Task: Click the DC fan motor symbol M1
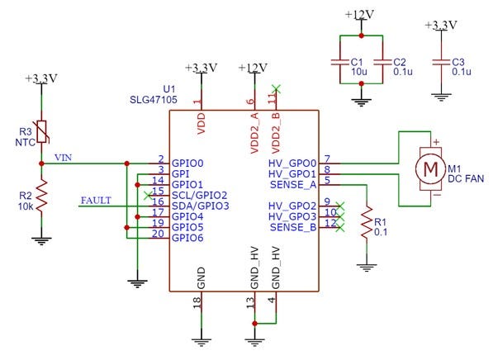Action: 430,168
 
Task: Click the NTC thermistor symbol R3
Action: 42,132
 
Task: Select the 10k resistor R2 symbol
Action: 41,196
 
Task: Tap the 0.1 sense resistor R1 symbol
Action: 367,222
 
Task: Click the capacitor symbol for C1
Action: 340,62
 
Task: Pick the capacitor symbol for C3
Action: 442,62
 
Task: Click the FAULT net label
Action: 96,201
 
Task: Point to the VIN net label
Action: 64,157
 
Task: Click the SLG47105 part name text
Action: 154,100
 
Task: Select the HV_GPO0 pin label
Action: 292,163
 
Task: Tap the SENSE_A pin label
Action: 293,185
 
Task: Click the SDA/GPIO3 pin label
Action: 201,206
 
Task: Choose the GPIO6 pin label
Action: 187,238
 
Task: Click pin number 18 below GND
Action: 197,303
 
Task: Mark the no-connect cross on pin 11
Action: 276,89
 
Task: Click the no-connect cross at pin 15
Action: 148,196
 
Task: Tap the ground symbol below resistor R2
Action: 41,241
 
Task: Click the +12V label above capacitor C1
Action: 360,15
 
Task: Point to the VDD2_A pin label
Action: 254,133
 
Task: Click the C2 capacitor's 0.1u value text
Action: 403,72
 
